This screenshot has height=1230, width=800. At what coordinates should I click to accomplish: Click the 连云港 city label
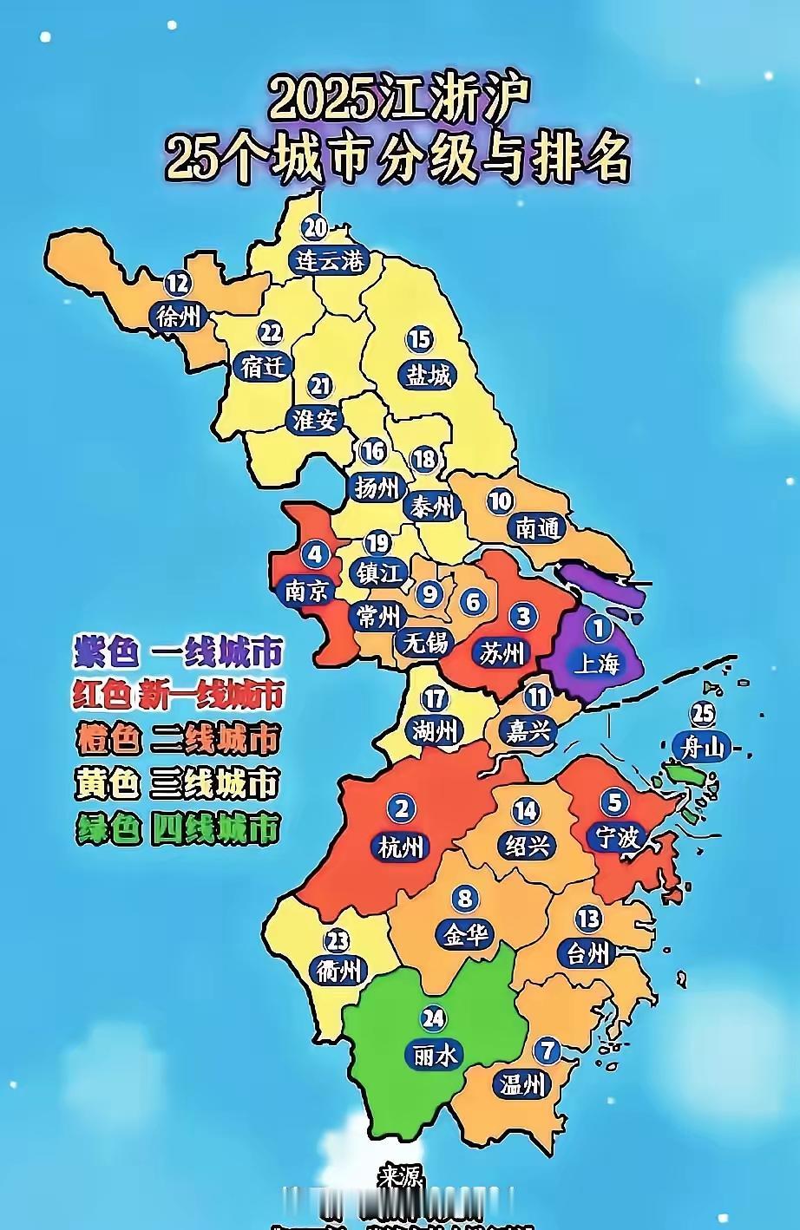coord(328,260)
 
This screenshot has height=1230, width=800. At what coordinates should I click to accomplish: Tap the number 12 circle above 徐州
coord(178,283)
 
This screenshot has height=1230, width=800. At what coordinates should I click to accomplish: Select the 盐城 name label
coord(430,375)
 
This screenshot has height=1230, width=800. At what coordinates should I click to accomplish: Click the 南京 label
coord(308,591)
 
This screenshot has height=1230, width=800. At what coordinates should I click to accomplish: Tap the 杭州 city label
coord(401,846)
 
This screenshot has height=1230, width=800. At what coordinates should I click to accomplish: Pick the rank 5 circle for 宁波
coord(614,802)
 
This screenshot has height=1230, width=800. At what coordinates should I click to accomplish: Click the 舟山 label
coord(702,747)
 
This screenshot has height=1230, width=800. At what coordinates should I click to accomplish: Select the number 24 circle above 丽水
coord(432,1017)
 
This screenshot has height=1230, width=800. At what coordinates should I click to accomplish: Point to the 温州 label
coord(521,1083)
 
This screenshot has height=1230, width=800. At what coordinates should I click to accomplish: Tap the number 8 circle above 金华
coord(465,899)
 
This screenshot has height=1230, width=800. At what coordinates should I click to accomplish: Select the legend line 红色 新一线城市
coord(178,695)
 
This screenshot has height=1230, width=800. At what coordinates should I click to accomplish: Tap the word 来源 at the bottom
coord(400,1177)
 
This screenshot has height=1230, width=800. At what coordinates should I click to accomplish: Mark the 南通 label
coord(538,528)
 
